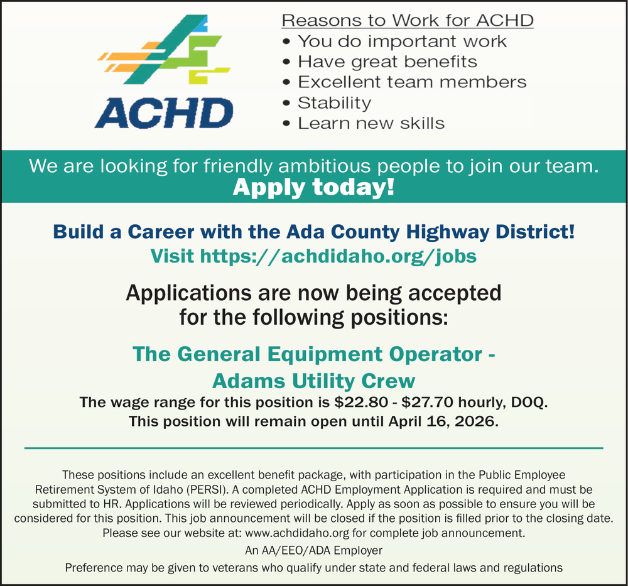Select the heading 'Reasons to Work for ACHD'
tap(407, 20)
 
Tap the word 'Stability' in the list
tap(334, 102)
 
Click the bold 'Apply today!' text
tap(314, 187)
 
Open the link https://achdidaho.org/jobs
tap(338, 256)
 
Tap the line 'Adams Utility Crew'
tap(313, 381)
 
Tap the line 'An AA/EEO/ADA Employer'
tap(313, 551)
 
